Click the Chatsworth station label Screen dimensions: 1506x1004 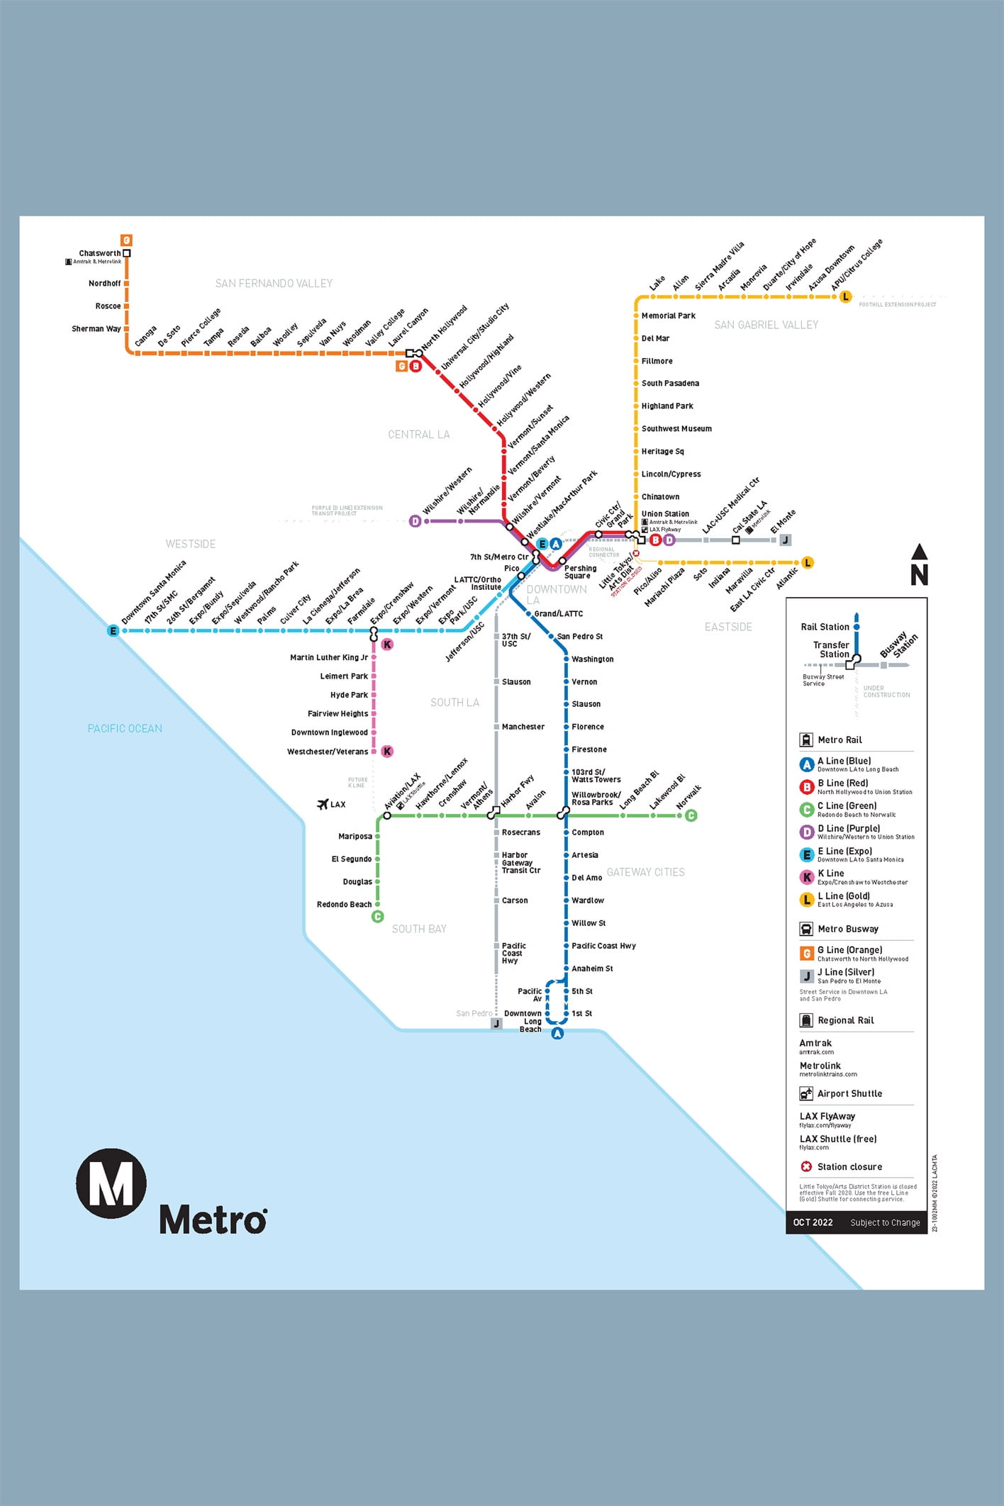click(x=99, y=253)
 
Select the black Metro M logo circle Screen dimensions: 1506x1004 click(x=111, y=1183)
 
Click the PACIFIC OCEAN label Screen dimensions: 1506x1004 click(x=125, y=729)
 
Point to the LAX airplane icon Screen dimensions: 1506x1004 click(x=323, y=804)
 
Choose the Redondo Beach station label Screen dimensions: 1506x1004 click(x=344, y=905)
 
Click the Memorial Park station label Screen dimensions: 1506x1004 click(x=668, y=316)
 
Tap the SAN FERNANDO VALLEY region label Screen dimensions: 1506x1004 click(x=274, y=284)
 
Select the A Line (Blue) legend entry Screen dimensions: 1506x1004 click(x=844, y=761)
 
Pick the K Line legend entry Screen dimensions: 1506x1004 click(x=830, y=874)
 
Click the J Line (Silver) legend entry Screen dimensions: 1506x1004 click(x=845, y=972)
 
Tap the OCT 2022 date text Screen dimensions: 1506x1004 click(x=813, y=1222)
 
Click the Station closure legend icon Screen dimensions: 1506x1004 click(x=806, y=1166)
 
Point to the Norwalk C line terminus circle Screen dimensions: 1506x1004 click(x=691, y=815)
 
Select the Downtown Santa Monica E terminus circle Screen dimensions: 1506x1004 click(x=113, y=630)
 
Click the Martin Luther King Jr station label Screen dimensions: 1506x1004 click(x=329, y=657)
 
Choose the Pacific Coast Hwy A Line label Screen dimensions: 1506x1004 click(x=603, y=946)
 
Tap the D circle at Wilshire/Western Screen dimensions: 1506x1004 click(x=415, y=521)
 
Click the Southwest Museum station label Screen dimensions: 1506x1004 click(x=676, y=429)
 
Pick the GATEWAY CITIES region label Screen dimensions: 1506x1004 click(x=645, y=872)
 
